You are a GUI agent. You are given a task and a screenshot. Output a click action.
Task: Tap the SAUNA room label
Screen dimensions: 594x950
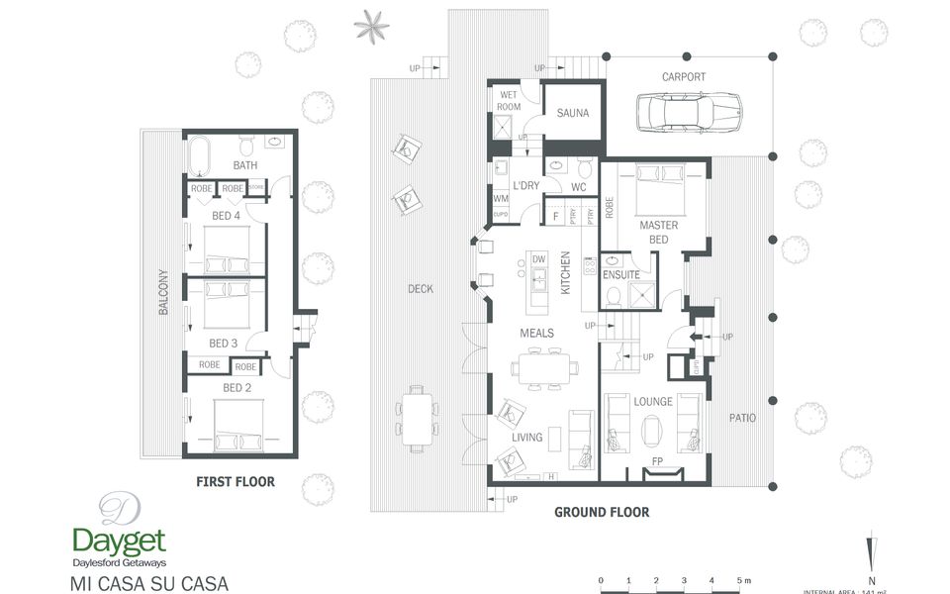[x=572, y=114]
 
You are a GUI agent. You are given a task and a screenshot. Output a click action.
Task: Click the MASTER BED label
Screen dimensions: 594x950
[x=658, y=233]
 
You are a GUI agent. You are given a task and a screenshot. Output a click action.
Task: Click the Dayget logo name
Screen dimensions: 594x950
[x=119, y=541]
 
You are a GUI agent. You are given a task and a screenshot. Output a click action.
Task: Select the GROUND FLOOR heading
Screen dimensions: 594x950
[x=602, y=512]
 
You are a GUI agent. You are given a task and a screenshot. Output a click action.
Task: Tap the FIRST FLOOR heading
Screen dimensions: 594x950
[x=235, y=482]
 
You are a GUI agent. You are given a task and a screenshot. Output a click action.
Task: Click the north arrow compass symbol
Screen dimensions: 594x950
[x=870, y=554]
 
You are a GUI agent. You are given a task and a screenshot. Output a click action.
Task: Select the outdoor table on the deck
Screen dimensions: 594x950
[x=417, y=416]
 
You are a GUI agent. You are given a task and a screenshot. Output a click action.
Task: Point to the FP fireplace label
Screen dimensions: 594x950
[x=657, y=461]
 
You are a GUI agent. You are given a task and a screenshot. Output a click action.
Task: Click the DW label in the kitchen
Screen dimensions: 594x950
[x=539, y=259]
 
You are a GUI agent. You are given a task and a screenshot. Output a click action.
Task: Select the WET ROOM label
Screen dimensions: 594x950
[x=510, y=100]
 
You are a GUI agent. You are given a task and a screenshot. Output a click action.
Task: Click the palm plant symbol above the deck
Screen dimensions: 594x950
[x=372, y=26]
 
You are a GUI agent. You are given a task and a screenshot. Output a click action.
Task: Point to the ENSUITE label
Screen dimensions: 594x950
[x=620, y=274]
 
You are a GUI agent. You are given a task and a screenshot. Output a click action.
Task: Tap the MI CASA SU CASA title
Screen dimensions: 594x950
[x=149, y=582]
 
